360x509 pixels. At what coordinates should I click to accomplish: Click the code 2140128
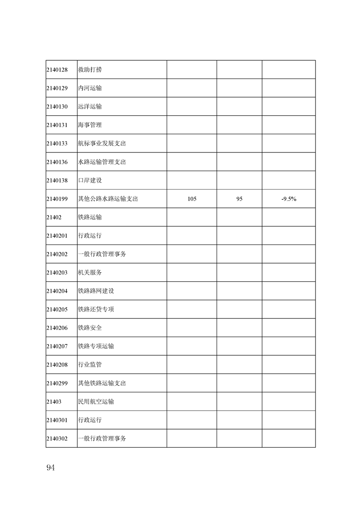57,70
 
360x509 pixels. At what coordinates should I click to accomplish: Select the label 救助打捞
90,70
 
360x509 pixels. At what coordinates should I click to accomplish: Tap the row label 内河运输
90,88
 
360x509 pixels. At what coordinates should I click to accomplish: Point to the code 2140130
57,107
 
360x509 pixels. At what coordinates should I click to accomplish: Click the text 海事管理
90,125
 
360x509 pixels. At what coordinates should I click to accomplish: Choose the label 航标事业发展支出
102,143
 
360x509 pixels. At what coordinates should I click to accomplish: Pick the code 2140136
57,162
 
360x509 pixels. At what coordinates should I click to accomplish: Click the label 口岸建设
90,180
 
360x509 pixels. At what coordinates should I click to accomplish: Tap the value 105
192,199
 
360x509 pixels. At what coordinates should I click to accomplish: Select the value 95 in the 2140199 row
239,199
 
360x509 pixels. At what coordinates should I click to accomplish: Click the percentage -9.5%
289,199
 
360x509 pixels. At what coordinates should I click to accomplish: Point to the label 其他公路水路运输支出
108,199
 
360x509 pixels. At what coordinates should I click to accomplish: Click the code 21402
54,217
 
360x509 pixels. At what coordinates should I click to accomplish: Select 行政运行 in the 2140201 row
90,235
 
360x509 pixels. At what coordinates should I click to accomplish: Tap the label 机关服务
90,273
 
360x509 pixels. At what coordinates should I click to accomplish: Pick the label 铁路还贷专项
96,309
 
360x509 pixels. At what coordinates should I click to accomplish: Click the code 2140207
57,346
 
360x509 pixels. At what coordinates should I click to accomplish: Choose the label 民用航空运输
96,401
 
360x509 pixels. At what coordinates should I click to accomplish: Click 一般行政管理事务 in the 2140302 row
102,438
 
